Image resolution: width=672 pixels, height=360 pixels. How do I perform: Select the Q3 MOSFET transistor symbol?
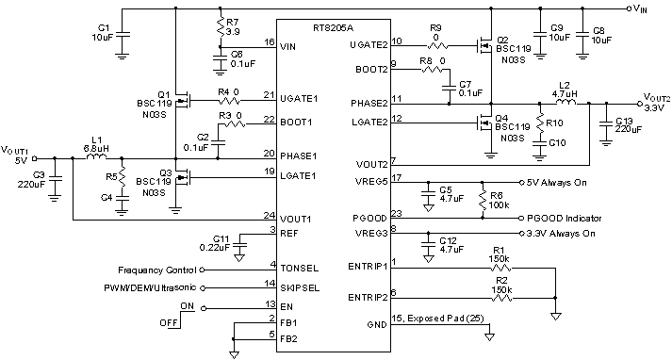pos(181,175)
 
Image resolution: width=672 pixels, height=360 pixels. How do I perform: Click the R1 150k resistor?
pos(500,270)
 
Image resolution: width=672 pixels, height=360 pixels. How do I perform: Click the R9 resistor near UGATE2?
pos(436,44)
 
